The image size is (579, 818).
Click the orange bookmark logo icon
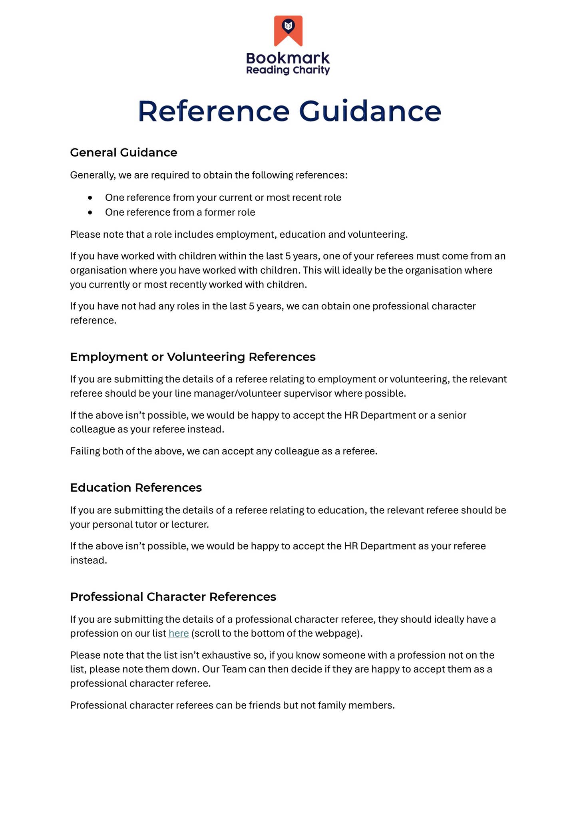tap(288, 30)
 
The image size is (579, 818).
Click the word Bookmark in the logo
tap(288, 58)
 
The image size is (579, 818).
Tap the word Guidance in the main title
tap(370, 111)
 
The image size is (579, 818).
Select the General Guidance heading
tap(123, 153)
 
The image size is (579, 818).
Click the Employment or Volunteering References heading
tap(193, 357)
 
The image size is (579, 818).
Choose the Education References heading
tap(136, 488)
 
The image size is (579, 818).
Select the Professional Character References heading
tap(173, 597)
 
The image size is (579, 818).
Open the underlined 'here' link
tap(179, 633)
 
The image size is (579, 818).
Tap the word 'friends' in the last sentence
tap(265, 705)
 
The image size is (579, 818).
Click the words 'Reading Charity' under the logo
tap(288, 71)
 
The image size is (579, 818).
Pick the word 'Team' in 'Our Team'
tap(234, 669)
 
